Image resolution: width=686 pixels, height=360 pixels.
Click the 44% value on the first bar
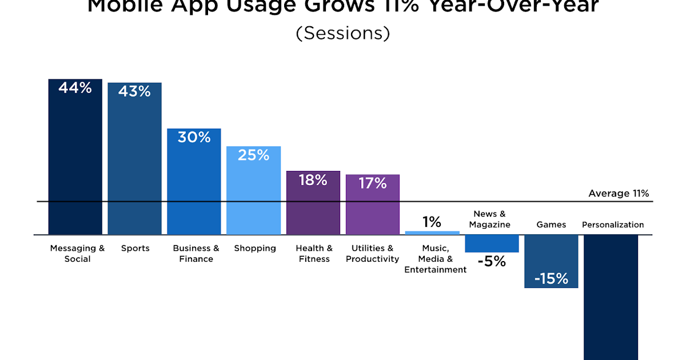click(x=75, y=88)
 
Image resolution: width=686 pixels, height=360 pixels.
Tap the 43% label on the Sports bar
click(x=134, y=91)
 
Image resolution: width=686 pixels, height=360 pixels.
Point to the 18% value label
click(x=313, y=180)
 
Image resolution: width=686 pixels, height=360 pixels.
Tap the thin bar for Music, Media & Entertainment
click(x=432, y=233)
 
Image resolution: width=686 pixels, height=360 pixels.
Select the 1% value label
click(x=432, y=222)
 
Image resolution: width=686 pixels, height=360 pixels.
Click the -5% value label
click(x=492, y=262)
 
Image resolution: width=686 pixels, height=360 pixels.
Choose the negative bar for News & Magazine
click(x=492, y=243)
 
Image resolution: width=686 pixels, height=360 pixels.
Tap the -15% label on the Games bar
click(x=551, y=279)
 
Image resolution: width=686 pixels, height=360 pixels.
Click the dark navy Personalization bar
click(x=611, y=297)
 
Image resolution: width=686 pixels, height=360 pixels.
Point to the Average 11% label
click(x=619, y=194)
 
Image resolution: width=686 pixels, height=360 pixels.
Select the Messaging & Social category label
click(x=77, y=254)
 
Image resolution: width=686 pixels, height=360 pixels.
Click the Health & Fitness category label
click(x=314, y=254)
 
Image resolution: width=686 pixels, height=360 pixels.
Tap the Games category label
click(x=551, y=225)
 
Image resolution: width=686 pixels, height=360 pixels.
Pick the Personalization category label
click(x=613, y=225)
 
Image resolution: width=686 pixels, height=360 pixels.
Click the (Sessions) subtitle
click(x=343, y=33)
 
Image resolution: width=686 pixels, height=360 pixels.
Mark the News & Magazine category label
click(x=489, y=219)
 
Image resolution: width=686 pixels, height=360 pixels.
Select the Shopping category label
click(x=255, y=249)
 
